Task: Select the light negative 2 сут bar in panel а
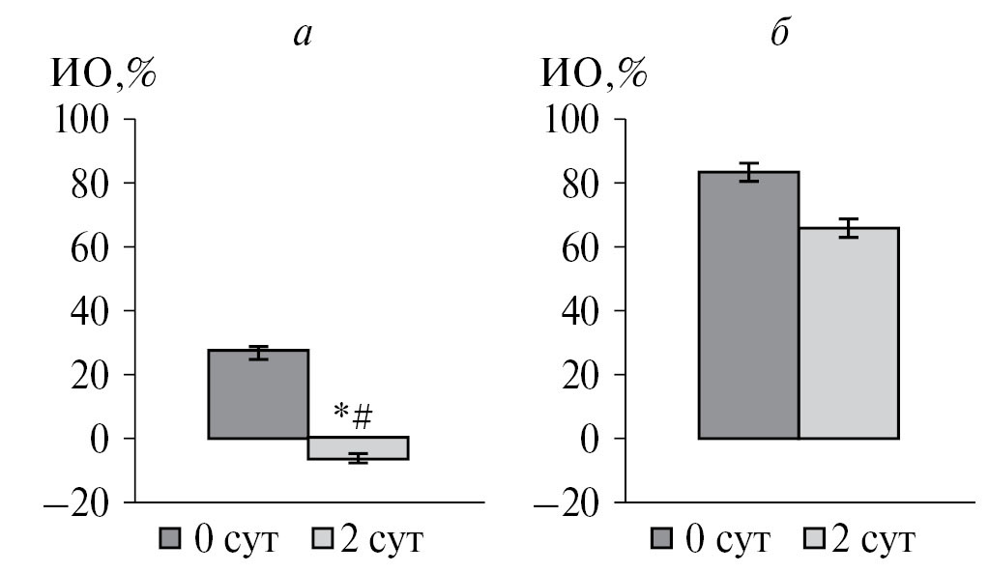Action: (358, 448)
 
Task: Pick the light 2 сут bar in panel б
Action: (848, 332)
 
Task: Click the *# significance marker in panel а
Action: (353, 417)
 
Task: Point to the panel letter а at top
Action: (305, 37)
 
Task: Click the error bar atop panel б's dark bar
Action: (748, 172)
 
